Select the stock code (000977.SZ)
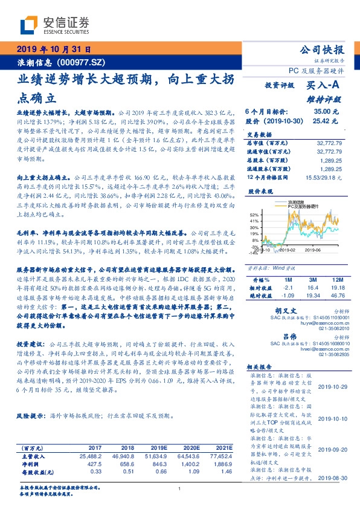tap(81, 62)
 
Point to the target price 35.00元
tap(329, 111)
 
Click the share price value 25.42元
tap(329, 121)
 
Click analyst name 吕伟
tap(290, 336)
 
